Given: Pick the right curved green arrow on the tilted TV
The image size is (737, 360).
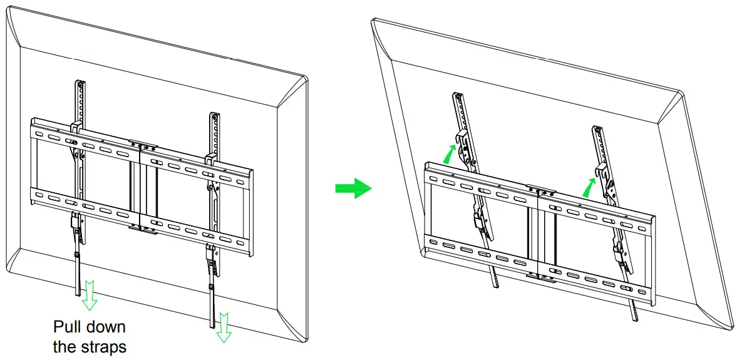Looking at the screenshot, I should click(x=588, y=186).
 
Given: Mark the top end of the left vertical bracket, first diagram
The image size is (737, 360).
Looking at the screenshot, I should click(x=80, y=85).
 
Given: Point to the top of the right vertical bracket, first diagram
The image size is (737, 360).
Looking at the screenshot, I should click(x=215, y=117).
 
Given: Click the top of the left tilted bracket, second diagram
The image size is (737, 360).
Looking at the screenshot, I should click(x=458, y=97).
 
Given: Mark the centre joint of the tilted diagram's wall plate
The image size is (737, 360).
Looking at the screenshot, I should click(x=539, y=231).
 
